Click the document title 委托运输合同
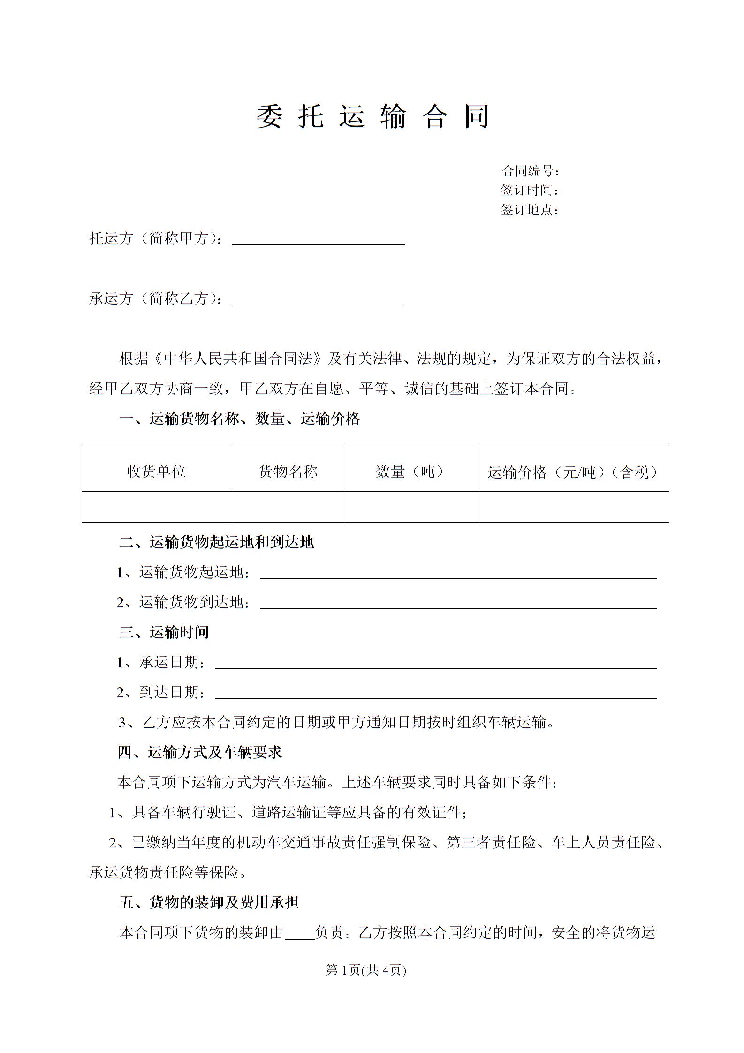pos(372,116)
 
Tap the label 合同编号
pos(530,171)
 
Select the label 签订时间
pos(529,191)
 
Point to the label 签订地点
pos(529,210)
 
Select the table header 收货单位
pos(156,471)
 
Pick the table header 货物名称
pos(288,471)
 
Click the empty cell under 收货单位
pos(156,507)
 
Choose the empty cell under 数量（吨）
pos(412,507)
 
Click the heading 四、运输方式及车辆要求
pos(200,753)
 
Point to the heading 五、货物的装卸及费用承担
pos(209,902)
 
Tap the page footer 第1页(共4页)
pos(365,970)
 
